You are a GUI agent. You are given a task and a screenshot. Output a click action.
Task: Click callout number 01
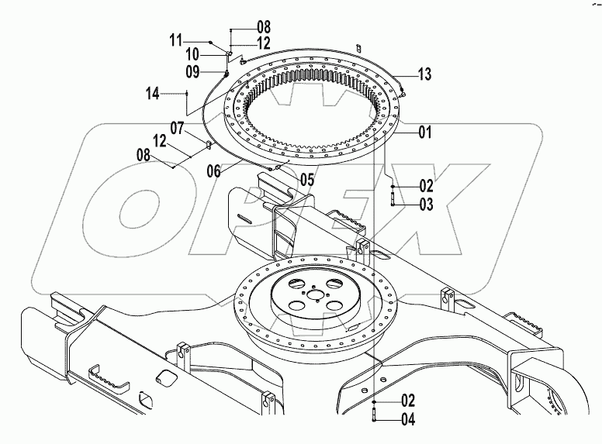pyautogui.click(x=424, y=132)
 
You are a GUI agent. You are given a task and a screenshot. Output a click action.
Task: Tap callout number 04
pyautogui.click(x=407, y=421)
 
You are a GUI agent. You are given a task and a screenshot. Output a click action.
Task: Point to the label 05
pyautogui.click(x=307, y=179)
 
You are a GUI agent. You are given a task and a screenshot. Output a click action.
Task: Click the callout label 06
pyautogui.click(x=213, y=171)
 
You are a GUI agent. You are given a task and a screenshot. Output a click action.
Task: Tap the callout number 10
pyautogui.click(x=192, y=54)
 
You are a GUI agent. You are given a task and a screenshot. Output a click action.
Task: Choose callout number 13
pyautogui.click(x=424, y=74)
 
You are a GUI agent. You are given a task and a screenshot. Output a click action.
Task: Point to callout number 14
pyautogui.click(x=153, y=94)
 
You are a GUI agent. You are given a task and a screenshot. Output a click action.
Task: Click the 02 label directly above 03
pyautogui.click(x=424, y=186)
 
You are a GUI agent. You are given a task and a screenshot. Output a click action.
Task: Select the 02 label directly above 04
pyautogui.click(x=407, y=401)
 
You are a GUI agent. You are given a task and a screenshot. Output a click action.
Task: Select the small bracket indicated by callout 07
pyautogui.click(x=209, y=143)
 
